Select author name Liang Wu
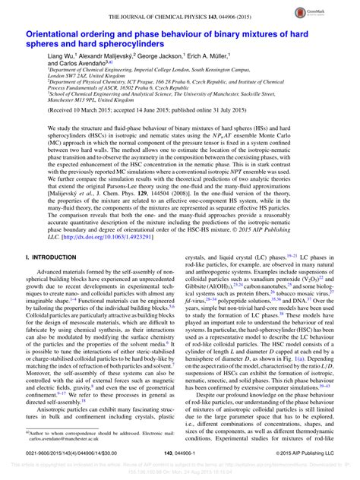coord(62,58)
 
